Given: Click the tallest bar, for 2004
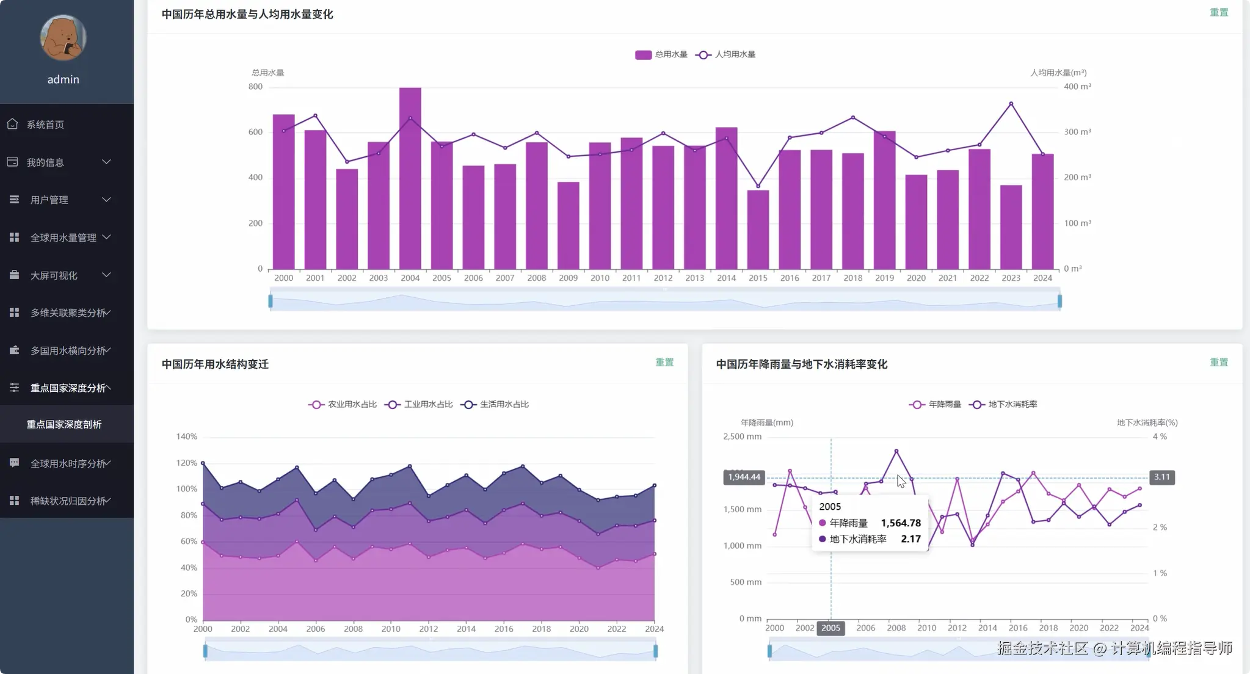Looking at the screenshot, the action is point(410,178).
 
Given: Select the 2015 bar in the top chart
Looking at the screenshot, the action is point(758,230).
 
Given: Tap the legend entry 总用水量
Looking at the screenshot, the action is point(661,54).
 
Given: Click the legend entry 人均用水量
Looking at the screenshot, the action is point(725,54).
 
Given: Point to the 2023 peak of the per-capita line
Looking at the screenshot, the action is point(1011,104).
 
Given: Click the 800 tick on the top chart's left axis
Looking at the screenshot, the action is point(255,87).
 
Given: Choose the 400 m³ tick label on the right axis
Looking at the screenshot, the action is point(1077,87).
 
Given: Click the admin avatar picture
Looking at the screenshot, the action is point(64,37).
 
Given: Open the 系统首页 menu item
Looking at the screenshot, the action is point(45,125).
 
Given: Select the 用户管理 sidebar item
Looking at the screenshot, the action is point(49,200).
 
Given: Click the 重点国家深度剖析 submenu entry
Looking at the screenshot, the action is point(64,424).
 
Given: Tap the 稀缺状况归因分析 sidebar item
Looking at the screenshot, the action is point(68,501).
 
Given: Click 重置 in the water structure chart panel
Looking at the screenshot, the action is point(664,363).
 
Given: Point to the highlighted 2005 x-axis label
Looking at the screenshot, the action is point(830,628).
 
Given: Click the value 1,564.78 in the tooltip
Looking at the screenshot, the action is point(901,523).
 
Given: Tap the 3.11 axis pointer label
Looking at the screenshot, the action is point(1162,477).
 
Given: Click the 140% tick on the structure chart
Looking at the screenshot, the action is point(187,437).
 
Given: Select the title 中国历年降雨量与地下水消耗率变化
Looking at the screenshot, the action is point(802,364).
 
